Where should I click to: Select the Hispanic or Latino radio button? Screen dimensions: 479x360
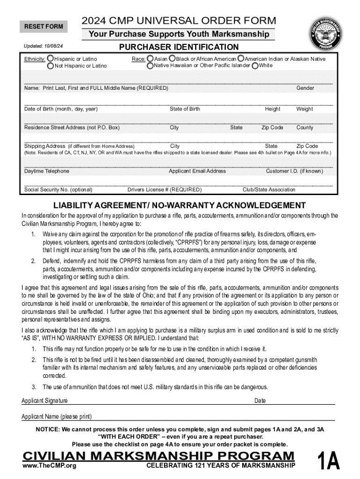[50, 59]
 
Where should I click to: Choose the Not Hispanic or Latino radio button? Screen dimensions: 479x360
[50, 66]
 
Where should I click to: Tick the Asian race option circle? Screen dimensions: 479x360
[150, 59]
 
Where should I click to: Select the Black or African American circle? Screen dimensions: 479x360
[172, 59]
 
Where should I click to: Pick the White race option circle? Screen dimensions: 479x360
[255, 65]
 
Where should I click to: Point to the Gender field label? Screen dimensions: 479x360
[305, 88]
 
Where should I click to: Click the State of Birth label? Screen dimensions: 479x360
[185, 109]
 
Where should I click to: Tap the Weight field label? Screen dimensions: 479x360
[304, 109]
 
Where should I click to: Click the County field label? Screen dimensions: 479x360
[305, 128]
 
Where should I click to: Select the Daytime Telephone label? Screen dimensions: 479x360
[47, 171]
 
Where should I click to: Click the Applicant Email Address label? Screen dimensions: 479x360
[197, 171]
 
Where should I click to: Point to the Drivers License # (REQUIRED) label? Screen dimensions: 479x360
[165, 190]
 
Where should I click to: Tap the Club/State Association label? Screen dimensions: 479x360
[269, 190]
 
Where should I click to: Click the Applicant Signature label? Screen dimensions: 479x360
[45, 401]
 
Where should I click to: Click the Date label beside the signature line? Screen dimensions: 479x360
[260, 401]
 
